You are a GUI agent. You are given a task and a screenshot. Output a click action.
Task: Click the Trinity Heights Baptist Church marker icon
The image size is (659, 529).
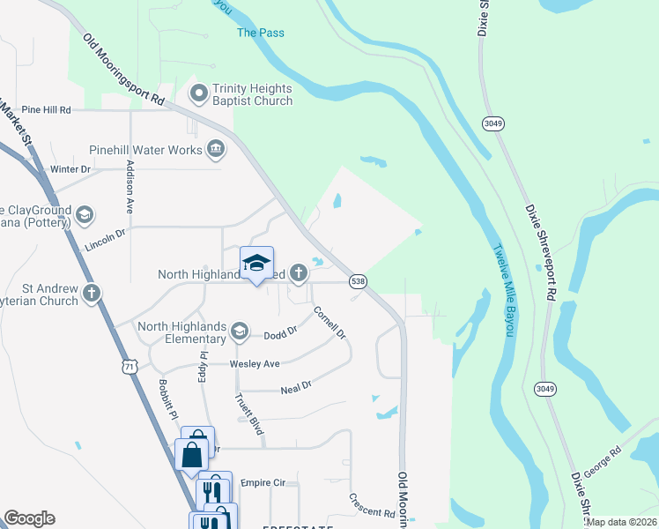pyautogui.click(x=198, y=93)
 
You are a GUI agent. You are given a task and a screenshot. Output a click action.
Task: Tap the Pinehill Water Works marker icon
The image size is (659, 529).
pyautogui.click(x=215, y=150)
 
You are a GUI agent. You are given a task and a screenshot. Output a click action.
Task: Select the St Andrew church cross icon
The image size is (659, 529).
pyautogui.click(x=91, y=294)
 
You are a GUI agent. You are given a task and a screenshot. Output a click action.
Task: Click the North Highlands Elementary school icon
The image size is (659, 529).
pyautogui.click(x=238, y=332)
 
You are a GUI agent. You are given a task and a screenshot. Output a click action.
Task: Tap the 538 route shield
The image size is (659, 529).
pyautogui.click(x=359, y=280)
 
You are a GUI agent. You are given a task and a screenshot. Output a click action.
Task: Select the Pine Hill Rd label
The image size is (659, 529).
pyautogui.click(x=45, y=109)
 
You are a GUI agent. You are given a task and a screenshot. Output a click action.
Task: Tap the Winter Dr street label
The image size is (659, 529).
pyautogui.click(x=71, y=168)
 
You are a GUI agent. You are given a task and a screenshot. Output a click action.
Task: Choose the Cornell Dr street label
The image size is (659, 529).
pyautogui.click(x=329, y=322)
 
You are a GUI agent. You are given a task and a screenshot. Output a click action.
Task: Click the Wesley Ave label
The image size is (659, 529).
pyautogui.click(x=255, y=363)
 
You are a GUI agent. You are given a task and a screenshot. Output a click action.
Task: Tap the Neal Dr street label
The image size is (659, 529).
pyautogui.click(x=296, y=386)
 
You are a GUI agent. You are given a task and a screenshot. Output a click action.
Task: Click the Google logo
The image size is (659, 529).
pyautogui.click(x=29, y=518)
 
